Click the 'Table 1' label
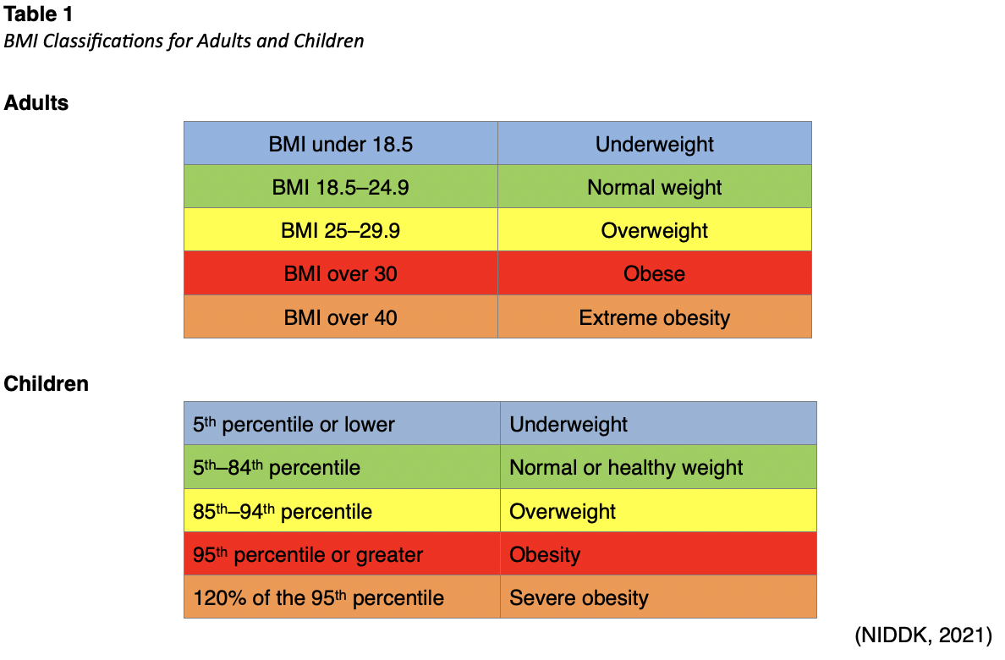(x=38, y=14)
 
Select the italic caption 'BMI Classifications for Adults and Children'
(x=184, y=41)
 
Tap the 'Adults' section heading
(x=36, y=103)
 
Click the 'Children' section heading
(x=47, y=383)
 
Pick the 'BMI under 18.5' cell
(x=340, y=144)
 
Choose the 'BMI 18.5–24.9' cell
(x=340, y=187)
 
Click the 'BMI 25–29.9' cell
(x=340, y=230)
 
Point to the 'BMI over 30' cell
(x=340, y=273)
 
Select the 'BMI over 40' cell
(x=340, y=317)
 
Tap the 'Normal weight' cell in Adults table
(x=654, y=187)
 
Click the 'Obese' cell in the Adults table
(x=654, y=273)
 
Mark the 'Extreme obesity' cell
(x=654, y=317)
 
